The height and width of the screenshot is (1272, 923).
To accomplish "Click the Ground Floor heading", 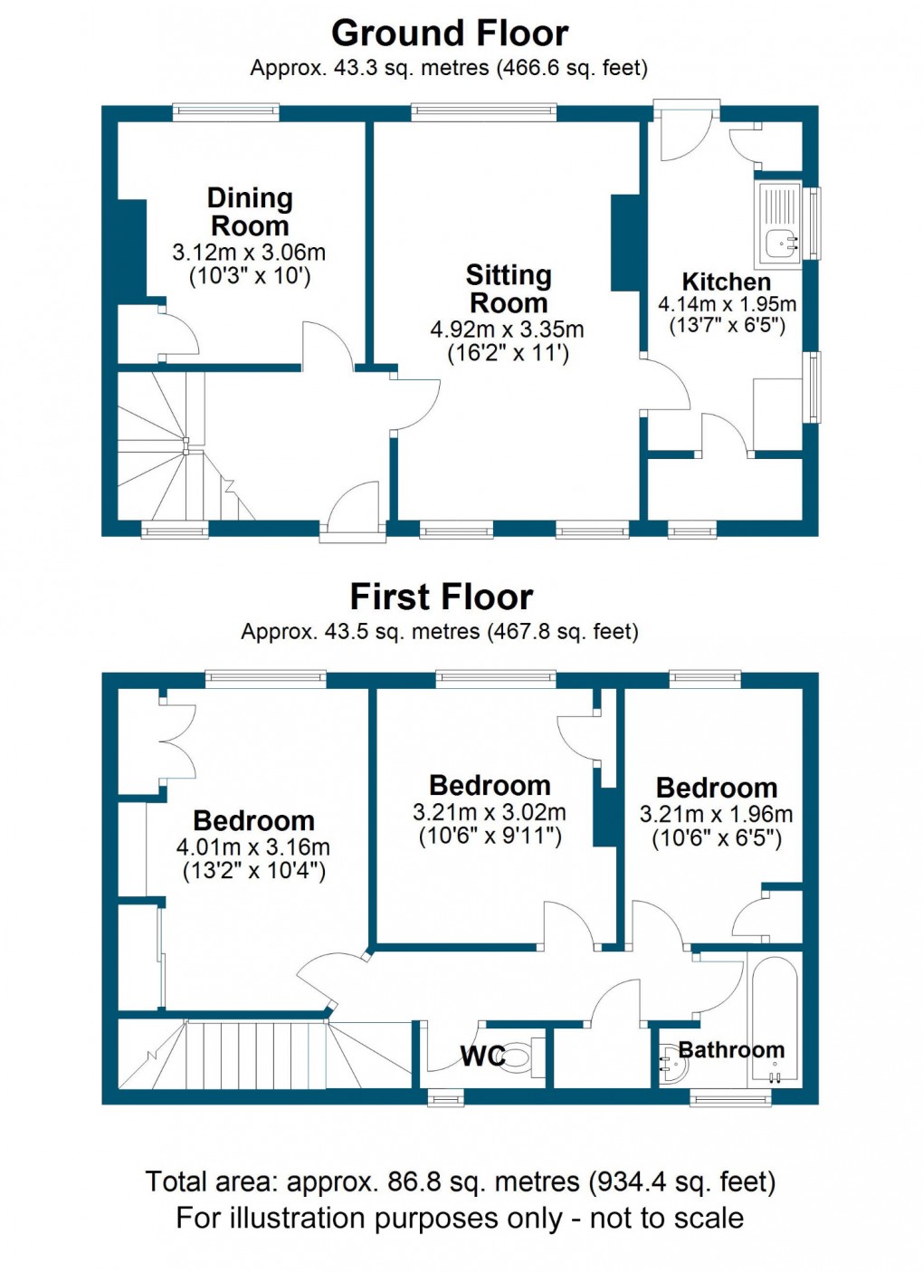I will (450, 33).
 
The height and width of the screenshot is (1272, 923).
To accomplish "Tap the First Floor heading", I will (442, 598).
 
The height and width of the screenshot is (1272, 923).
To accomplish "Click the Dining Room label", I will (250, 212).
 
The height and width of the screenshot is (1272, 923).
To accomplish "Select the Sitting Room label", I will (508, 289).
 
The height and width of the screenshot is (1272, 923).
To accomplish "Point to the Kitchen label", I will (726, 282).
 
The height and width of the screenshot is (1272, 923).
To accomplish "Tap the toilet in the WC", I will (519, 1057).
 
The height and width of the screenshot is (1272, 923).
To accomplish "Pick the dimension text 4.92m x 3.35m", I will (507, 330).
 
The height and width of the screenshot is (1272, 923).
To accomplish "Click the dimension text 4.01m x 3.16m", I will (253, 848).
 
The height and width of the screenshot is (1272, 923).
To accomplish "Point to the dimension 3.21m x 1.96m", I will (716, 815).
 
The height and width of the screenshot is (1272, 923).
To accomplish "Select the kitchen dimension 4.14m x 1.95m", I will (727, 304).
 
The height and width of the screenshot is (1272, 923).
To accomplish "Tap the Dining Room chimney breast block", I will (132, 246).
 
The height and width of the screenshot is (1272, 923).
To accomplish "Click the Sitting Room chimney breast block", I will (626, 243).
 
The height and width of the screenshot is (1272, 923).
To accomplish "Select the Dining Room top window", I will (226, 112).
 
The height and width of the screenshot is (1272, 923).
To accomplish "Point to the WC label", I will (482, 1057).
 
